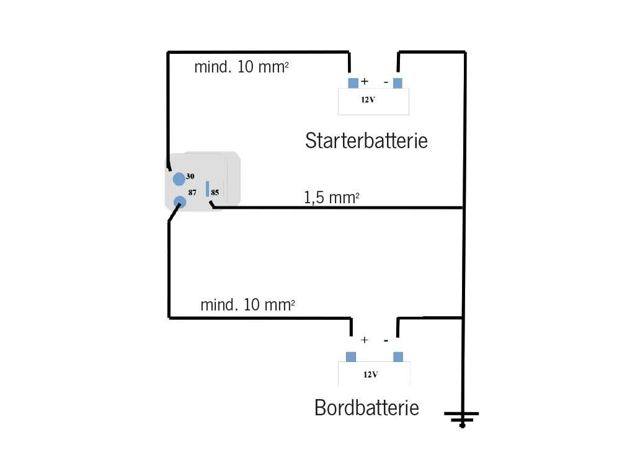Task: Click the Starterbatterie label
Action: [x=366, y=141]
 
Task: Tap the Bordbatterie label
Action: [x=366, y=408]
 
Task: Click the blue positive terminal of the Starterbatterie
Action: [x=353, y=83]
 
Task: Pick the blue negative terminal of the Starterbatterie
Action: [x=397, y=83]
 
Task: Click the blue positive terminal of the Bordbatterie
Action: [x=351, y=356]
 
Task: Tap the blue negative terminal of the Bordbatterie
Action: [x=398, y=356]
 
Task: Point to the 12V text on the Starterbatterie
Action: [x=368, y=100]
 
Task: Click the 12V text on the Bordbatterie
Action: [x=371, y=374]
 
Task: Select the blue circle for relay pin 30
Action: [x=179, y=179]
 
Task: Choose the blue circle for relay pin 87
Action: [x=180, y=201]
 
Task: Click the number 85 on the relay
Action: [x=215, y=192]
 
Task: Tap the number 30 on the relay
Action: [x=190, y=177]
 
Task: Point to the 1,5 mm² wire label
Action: [x=331, y=198]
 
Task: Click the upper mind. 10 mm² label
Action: [x=241, y=67]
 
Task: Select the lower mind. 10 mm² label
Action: [x=247, y=304]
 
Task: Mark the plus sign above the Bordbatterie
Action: [x=365, y=340]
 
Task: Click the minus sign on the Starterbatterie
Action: [x=386, y=82]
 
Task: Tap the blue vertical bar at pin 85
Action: [x=208, y=188]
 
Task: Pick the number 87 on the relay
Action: [x=193, y=193]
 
